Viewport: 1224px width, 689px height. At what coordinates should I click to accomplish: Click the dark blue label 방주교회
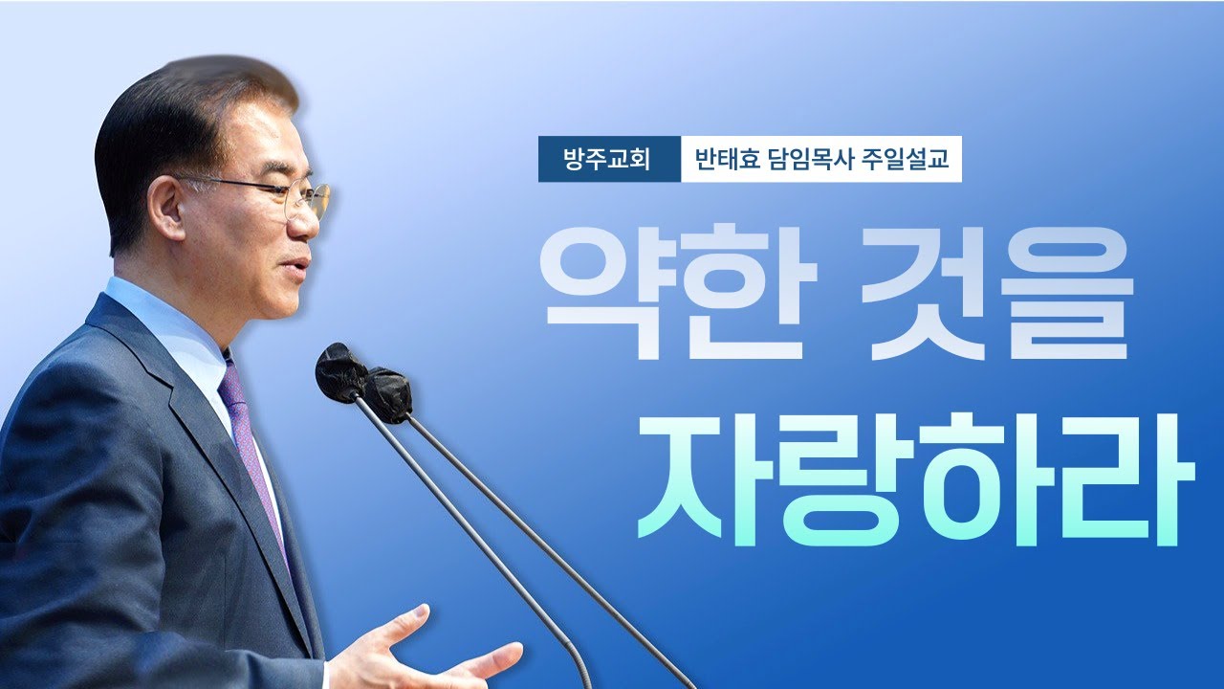pos(609,159)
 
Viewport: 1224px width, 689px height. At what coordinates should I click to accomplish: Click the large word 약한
pos(679,292)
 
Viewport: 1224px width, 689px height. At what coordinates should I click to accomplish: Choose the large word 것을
pos(1002,292)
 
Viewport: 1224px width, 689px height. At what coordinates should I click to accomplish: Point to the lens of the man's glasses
pos(310,201)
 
